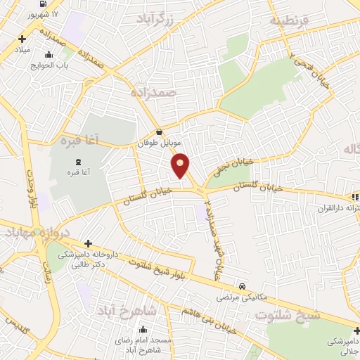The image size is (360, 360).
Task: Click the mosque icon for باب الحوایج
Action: click(x=48, y=56)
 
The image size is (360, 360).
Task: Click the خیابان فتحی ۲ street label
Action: click(x=302, y=73)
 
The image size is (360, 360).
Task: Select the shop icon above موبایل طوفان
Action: click(x=159, y=131)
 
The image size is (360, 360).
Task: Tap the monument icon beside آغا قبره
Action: click(x=96, y=162)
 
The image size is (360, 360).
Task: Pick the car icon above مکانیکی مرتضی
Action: click(x=243, y=287)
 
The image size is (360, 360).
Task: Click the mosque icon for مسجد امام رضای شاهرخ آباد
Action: click(x=143, y=329)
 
